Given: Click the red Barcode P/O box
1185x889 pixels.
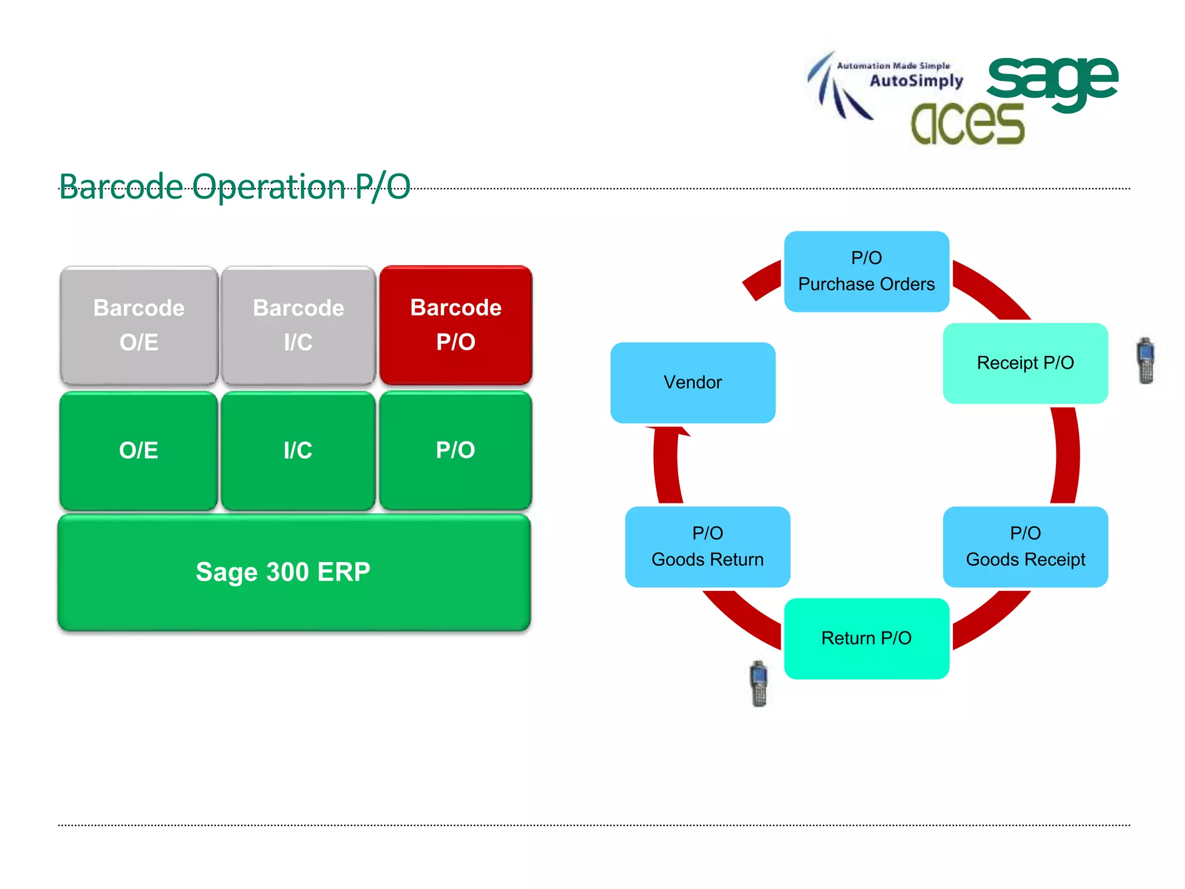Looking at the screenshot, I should (456, 325).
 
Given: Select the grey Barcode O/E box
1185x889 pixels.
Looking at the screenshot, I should (139, 325).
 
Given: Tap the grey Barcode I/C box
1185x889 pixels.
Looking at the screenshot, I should (298, 325).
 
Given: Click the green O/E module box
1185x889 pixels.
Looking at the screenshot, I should (139, 450).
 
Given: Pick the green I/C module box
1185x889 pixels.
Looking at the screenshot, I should (298, 450).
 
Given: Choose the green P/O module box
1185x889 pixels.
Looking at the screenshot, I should (456, 450).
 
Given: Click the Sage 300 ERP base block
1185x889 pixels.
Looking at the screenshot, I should (294, 572).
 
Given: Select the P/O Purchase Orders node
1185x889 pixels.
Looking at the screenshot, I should (866, 271).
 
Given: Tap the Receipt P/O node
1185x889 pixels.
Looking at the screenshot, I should (1025, 363).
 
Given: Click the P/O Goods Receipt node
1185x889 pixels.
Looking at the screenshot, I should (1025, 546).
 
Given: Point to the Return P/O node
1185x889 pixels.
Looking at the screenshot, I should (866, 638).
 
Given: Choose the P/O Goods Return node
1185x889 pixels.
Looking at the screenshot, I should (707, 546).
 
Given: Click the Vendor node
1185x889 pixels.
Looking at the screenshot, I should (693, 382).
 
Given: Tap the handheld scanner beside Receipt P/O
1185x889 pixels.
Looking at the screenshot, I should (1146, 361).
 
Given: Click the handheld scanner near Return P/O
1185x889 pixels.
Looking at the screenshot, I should (759, 684).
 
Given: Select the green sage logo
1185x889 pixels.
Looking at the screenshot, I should (1052, 81).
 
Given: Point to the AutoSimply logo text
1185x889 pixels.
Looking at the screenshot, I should (916, 80).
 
